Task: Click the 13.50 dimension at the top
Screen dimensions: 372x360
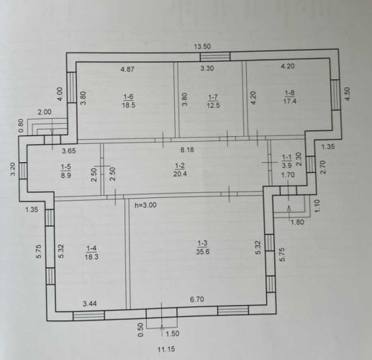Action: pyautogui.click(x=202, y=46)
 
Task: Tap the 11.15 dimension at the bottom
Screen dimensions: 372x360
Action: pyautogui.click(x=166, y=349)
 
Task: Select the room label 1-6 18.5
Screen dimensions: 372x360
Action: pyautogui.click(x=128, y=101)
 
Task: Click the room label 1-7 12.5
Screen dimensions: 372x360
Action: pyautogui.click(x=213, y=102)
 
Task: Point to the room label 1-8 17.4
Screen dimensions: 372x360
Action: pyautogui.click(x=289, y=96)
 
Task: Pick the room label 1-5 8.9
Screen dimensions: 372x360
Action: pyautogui.click(x=65, y=171)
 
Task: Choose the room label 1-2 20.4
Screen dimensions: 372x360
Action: pyautogui.click(x=180, y=170)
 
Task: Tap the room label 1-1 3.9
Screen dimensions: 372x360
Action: pyautogui.click(x=286, y=161)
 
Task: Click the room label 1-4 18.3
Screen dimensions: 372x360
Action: pyautogui.click(x=91, y=253)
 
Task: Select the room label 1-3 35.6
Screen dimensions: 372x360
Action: pyautogui.click(x=202, y=248)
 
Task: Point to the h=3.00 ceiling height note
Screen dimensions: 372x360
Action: pyautogui.click(x=145, y=205)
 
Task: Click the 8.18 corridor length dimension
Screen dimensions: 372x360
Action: pyautogui.click(x=187, y=150)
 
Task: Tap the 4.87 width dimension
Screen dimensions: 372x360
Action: pyautogui.click(x=127, y=70)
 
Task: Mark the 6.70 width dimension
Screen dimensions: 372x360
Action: pyautogui.click(x=197, y=300)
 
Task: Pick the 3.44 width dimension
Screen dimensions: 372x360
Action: pyautogui.click(x=90, y=304)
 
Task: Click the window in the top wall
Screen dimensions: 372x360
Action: pyautogui.click(x=215, y=57)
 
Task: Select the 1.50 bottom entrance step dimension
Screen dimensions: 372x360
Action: pyautogui.click(x=173, y=333)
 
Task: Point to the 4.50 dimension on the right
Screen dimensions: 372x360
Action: pyautogui.click(x=348, y=94)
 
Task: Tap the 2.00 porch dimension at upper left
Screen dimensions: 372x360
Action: pyautogui.click(x=45, y=112)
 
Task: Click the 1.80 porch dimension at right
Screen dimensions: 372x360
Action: pyautogui.click(x=297, y=222)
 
